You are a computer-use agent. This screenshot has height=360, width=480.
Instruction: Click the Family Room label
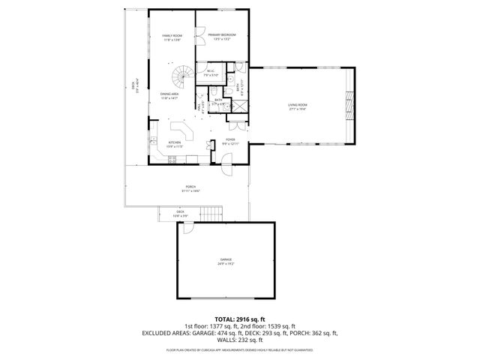(172, 37)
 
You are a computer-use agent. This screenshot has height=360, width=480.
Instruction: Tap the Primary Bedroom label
(222, 36)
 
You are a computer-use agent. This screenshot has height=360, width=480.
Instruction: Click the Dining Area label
(169, 95)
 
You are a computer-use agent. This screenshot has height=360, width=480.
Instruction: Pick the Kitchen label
(175, 143)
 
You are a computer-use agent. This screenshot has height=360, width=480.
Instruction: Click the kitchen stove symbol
(174, 159)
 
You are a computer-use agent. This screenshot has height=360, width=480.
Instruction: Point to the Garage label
(226, 261)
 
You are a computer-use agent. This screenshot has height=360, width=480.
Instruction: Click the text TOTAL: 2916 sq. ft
(240, 319)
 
